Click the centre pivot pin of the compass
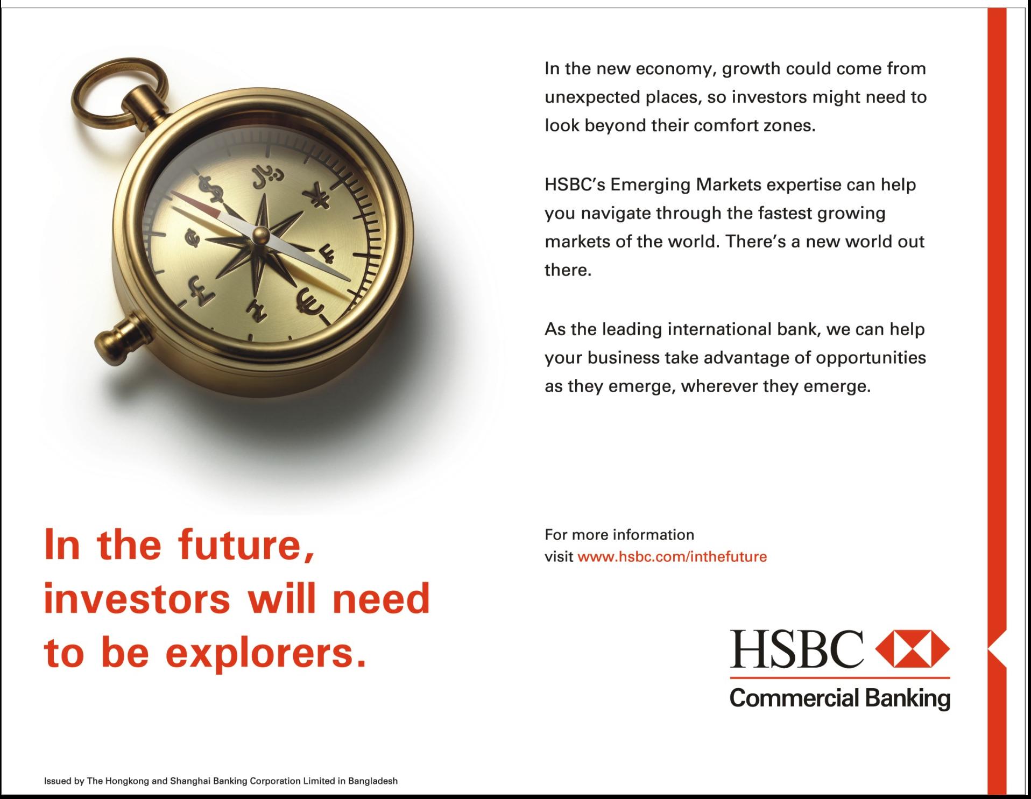(x=261, y=234)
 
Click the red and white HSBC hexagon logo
(x=913, y=647)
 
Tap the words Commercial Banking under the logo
(x=840, y=698)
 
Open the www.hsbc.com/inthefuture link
(x=672, y=556)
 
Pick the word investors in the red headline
(x=137, y=598)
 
